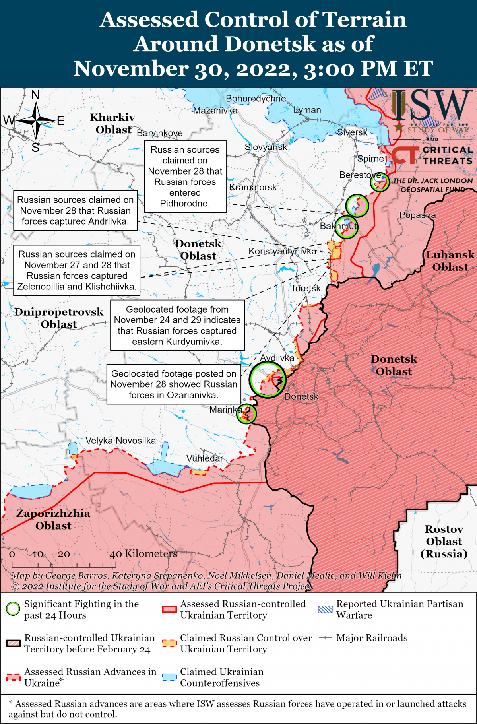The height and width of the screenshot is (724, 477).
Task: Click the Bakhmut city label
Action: pos(338,226)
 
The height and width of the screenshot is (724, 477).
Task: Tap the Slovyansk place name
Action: pos(266,147)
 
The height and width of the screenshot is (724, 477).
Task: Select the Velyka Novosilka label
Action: pos(120,441)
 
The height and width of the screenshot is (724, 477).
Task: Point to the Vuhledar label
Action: pos(204,458)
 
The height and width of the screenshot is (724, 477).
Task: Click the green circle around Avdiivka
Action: pos(268,380)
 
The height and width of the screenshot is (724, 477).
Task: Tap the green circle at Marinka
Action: pos(246,414)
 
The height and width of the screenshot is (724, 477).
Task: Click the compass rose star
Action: pos(36,120)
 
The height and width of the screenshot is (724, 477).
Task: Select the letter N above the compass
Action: pos(35,95)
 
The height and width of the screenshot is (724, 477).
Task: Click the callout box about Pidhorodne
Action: pos(185,177)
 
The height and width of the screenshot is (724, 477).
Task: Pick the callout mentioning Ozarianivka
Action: pos(174,384)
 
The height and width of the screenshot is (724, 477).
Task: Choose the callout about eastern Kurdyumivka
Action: pos(177,325)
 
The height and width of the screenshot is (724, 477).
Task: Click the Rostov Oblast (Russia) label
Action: pos(444,542)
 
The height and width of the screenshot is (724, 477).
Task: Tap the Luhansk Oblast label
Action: pos(450,261)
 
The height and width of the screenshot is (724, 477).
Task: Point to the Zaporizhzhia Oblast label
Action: pos(53,519)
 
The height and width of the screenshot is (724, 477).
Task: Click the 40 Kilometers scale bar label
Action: pos(143,554)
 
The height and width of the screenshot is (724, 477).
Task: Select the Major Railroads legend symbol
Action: pos(325,638)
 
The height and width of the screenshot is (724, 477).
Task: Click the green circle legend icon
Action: pos(13,609)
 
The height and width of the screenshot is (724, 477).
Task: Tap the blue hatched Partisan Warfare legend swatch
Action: pos(326,609)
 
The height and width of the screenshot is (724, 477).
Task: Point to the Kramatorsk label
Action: pos(253,187)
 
